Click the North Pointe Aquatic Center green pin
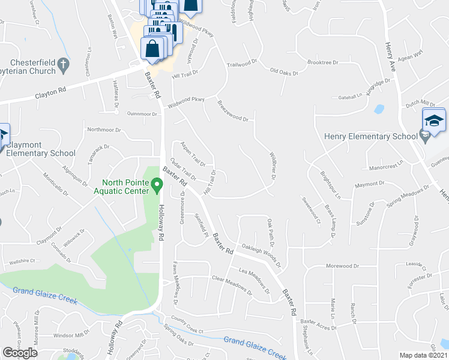tap(157, 185)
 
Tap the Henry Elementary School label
tap(370, 136)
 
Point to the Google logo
tap(20, 353)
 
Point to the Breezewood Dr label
tap(233, 111)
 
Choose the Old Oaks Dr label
tap(285, 72)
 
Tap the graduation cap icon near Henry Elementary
tap(434, 120)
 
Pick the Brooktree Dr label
tap(322, 62)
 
